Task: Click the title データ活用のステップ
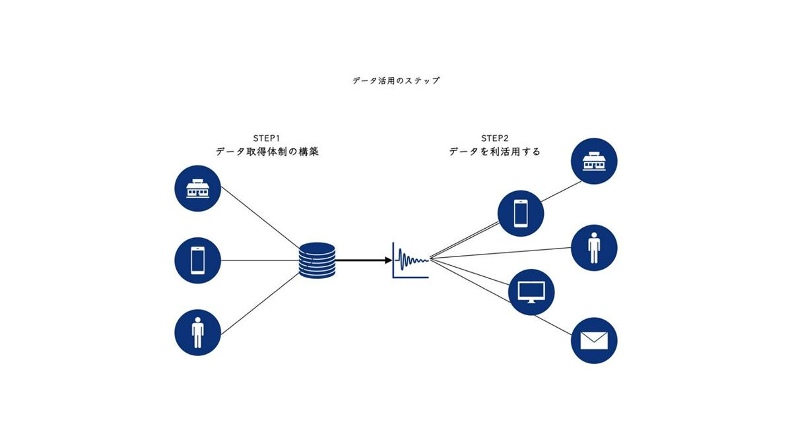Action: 396,81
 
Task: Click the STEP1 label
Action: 267,138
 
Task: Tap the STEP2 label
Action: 494,138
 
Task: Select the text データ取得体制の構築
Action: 267,152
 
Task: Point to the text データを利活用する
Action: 494,152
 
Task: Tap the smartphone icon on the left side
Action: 197,260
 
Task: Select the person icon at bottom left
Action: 197,334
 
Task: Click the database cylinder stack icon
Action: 317,260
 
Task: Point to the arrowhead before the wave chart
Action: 389,260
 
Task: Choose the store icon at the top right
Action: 594,161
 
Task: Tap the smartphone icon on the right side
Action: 521,213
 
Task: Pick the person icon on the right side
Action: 594,248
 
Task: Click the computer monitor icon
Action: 531,291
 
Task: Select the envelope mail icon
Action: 594,340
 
